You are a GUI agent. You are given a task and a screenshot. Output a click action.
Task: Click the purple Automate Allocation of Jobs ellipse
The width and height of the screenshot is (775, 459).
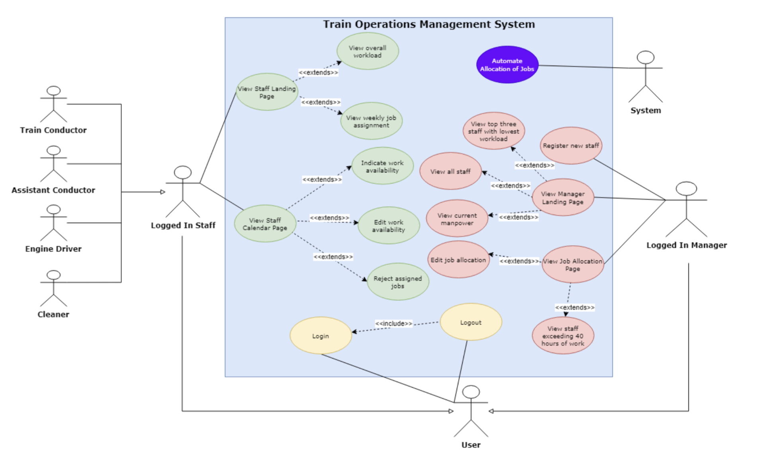pos(507,65)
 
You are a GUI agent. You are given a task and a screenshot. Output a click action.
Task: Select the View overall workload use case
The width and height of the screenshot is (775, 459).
pos(367,51)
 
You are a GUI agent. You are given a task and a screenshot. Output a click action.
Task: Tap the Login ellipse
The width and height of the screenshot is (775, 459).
pos(321,336)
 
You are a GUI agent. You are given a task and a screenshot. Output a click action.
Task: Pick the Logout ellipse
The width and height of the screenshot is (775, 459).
pos(470,322)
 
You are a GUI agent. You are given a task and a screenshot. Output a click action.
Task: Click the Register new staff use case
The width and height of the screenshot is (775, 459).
pos(570,146)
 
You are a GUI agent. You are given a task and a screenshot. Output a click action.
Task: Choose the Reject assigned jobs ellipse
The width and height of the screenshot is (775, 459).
pos(397,282)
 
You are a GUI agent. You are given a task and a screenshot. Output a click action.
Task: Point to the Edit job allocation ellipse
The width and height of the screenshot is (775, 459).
pos(458,260)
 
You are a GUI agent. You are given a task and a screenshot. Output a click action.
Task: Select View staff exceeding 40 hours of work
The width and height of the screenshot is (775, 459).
pos(562,336)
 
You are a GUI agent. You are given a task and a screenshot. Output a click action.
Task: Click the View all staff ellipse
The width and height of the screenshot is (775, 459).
pos(450,171)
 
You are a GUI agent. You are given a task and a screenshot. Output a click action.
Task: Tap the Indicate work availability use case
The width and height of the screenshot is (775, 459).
pos(382,166)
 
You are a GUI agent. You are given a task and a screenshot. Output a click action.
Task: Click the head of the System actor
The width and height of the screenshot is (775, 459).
pos(645,57)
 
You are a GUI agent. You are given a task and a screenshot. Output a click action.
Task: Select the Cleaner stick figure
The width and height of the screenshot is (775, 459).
pos(53,288)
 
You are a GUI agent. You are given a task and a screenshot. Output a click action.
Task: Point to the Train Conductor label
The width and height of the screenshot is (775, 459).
pos(53,130)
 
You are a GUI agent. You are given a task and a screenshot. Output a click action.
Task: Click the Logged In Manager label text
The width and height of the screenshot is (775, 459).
pos(686,245)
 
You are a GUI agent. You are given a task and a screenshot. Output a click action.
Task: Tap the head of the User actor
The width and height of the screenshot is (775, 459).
pos(471,392)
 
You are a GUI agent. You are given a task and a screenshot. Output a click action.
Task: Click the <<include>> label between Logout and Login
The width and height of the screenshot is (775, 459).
pos(393,324)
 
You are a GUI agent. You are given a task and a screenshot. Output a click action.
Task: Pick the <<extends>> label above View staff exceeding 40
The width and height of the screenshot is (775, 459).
pos(574,308)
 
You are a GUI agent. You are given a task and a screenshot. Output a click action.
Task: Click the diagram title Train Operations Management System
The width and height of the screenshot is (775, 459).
pos(429,24)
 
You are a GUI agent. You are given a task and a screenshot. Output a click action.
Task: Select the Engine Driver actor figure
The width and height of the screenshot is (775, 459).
pos(53,223)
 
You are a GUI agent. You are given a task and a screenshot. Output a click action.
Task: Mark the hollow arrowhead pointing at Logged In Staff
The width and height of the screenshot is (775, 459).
pos(162,192)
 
